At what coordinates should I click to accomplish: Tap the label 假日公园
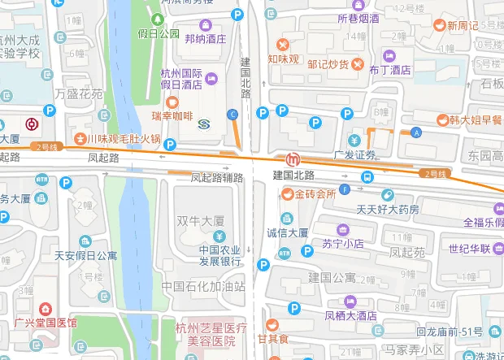pos(159,33)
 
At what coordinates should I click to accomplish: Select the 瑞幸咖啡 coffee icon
pos(172,102)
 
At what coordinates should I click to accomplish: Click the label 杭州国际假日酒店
pos(180,78)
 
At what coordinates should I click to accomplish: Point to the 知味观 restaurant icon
pos(283,44)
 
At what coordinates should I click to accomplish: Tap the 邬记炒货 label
pos(328,64)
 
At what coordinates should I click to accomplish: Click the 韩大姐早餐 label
pos(476,119)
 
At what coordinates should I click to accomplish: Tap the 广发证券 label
pos(355,154)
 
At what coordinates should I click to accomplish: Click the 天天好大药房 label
pos(388,210)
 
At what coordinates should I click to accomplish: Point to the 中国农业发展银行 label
pos(209,256)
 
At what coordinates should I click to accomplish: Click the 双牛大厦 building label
pos(199,219)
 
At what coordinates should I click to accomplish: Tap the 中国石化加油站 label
pos(202,286)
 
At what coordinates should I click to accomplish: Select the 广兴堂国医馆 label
pos(46,323)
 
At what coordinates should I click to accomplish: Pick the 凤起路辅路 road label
pos(216,176)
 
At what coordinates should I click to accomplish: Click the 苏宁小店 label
pos(343,243)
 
